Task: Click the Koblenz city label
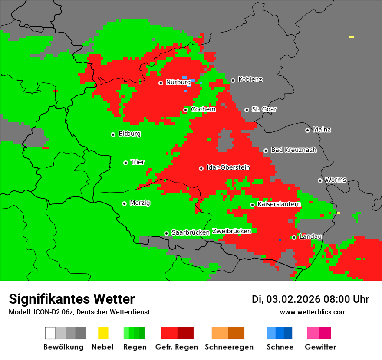250,80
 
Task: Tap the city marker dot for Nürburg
161,82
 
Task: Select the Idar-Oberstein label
228,168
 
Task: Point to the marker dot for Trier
125,163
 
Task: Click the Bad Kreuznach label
293,150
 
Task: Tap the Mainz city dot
307,130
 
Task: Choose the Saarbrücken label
191,233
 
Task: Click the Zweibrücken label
231,232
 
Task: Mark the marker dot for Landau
294,237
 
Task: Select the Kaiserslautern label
279,204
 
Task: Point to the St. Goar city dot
247,110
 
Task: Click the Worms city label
336,180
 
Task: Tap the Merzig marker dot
124,203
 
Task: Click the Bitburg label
129,134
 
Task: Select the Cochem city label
203,109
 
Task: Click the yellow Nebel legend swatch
103,333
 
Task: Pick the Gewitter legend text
320,347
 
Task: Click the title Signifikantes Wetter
72,299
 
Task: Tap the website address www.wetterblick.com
313,312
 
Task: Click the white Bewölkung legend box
50,333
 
